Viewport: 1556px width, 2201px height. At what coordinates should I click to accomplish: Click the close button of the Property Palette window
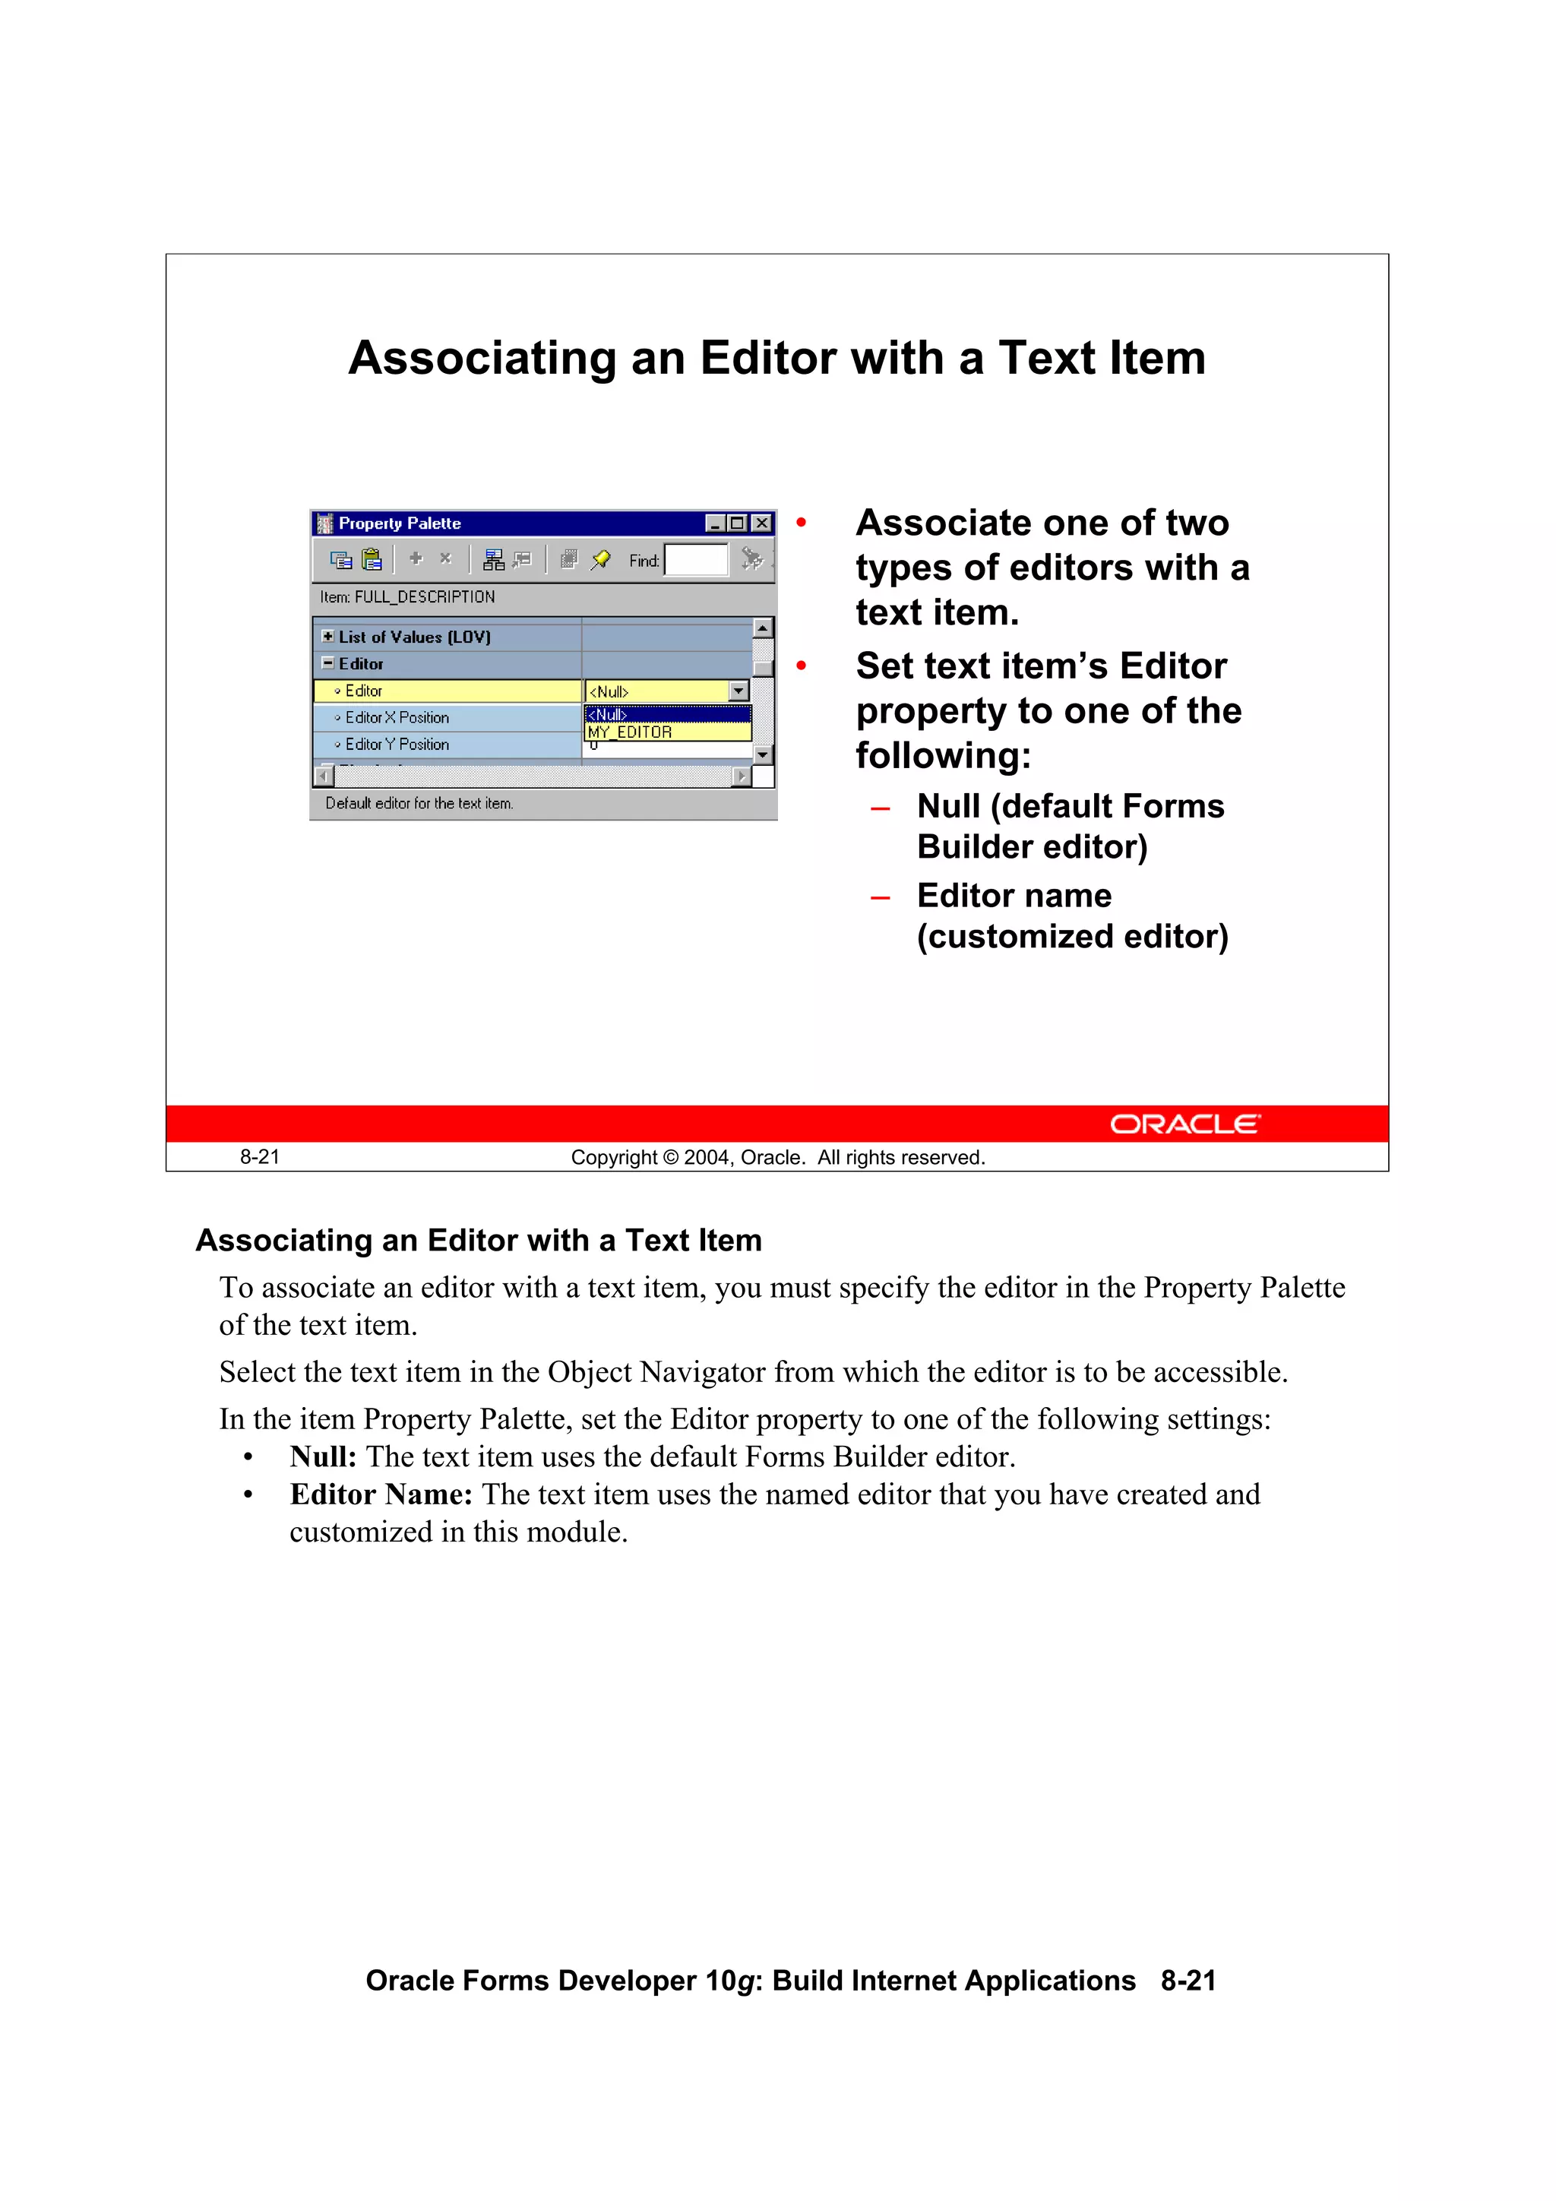pos(761,523)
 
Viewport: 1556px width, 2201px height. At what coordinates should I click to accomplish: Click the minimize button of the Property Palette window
pos(714,523)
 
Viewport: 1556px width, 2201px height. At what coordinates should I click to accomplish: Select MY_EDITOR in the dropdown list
pos(630,732)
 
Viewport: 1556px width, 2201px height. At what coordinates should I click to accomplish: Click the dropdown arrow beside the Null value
pos(738,691)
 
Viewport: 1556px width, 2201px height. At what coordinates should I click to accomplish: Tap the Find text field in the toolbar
pos(696,560)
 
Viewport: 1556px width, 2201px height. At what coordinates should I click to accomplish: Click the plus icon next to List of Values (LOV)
pos(328,637)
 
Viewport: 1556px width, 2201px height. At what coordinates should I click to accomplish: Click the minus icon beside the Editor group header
pos(328,663)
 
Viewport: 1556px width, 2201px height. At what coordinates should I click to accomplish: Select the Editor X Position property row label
pos(397,717)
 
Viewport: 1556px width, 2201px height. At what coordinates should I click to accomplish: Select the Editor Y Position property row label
pos(397,744)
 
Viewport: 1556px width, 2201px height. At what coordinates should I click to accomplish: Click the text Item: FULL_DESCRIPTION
pos(407,597)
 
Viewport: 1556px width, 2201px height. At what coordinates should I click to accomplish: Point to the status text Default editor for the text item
pos(419,803)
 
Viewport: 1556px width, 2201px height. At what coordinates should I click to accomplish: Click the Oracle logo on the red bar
pos(1185,1124)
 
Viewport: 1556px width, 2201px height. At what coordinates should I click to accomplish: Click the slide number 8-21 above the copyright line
pos(260,1157)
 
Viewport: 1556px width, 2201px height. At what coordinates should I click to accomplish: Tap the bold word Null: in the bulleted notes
pos(323,1457)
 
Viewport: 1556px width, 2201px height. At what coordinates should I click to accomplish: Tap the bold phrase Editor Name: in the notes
pos(381,1494)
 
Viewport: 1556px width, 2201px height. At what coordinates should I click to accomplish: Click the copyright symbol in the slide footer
pos(671,1157)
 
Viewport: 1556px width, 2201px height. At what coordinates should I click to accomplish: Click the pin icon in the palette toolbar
pos(601,560)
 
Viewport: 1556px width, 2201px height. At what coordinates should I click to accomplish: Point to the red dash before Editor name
pos(880,898)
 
